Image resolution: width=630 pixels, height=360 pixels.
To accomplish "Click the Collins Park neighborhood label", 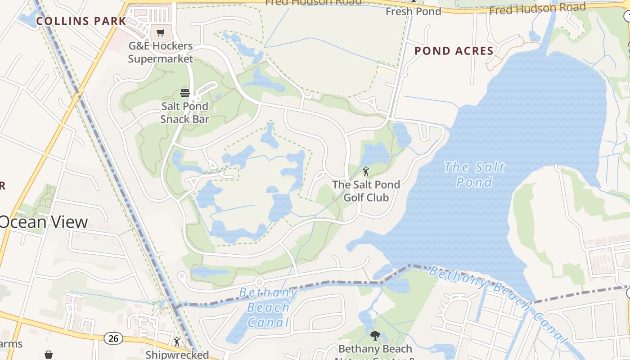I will point(81,21).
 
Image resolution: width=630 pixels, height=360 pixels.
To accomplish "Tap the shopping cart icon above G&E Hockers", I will point(161,32).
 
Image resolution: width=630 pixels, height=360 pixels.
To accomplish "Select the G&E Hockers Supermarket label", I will point(161,52).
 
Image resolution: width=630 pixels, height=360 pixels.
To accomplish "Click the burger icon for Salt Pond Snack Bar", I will point(185,93).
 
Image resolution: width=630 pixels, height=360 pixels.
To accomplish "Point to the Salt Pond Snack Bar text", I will point(184,112).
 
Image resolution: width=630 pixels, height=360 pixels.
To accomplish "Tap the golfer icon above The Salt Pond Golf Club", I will point(366,171).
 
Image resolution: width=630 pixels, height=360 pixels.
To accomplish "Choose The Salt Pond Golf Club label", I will point(366,191).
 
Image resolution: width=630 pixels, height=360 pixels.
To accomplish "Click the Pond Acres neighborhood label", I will point(454,51).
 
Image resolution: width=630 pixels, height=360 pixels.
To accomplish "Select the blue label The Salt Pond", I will point(474,175).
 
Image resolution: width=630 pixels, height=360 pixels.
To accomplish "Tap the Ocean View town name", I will point(44,222).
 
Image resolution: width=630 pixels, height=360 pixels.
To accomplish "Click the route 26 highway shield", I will point(114,338).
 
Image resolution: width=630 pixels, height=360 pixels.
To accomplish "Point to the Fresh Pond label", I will point(413,11).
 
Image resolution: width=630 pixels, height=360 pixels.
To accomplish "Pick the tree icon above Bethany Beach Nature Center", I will point(375,335).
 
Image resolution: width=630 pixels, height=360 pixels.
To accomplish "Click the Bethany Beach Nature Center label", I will point(375,351).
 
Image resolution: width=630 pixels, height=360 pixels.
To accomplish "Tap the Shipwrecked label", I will point(177,355).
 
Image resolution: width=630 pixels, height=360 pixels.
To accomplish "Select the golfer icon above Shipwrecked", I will point(177,342).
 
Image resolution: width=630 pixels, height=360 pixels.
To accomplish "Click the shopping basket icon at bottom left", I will point(49,355).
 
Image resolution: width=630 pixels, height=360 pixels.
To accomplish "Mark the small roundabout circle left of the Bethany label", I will point(259,282).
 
